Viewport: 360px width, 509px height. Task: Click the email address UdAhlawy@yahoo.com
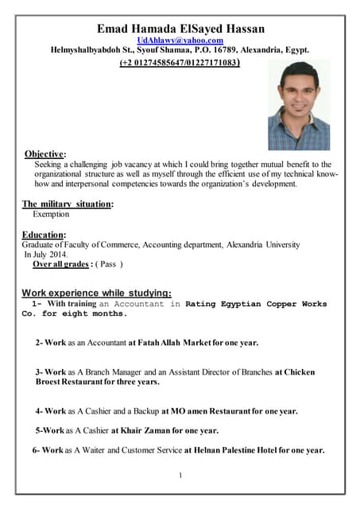pyautogui.click(x=180, y=40)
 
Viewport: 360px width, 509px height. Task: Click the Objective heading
pyautogui.click(x=45, y=153)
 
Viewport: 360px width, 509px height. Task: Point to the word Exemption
pyautogui.click(x=51, y=214)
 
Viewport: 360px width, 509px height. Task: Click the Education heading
pyautogui.click(x=44, y=235)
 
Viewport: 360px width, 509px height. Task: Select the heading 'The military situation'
pyautogui.click(x=67, y=204)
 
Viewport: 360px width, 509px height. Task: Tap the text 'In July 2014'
pyautogui.click(x=47, y=254)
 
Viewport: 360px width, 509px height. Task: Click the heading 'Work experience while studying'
pyautogui.click(x=96, y=292)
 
